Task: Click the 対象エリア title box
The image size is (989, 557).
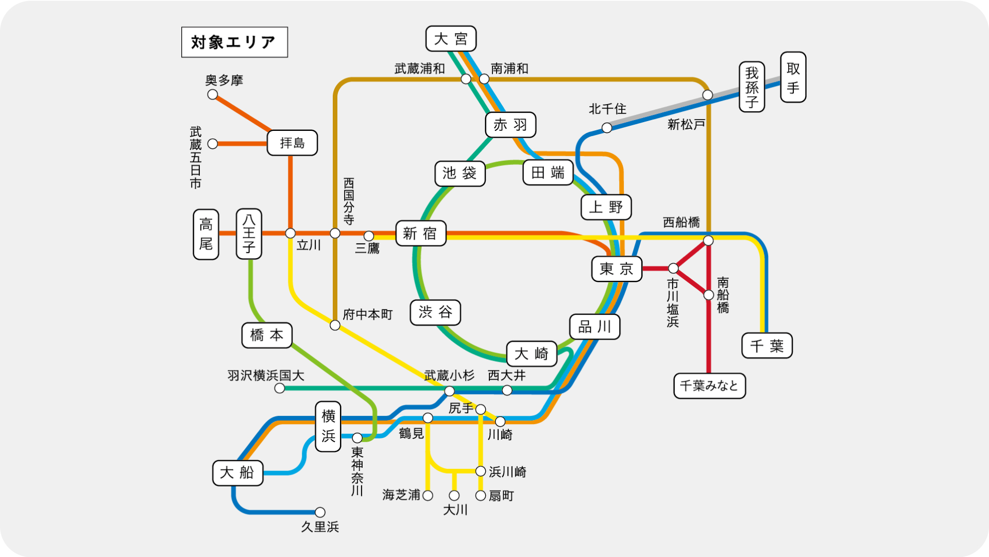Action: click(234, 42)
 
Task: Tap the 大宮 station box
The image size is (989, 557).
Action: click(451, 39)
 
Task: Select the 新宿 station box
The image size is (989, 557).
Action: click(420, 233)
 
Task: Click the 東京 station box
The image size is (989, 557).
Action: click(617, 269)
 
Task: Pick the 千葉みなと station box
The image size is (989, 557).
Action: click(709, 386)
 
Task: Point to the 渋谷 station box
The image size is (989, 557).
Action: click(435, 312)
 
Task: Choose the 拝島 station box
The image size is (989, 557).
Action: click(292, 143)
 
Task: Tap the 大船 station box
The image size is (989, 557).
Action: click(237, 473)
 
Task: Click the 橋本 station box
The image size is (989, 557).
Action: click(267, 335)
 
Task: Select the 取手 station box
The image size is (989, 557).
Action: click(793, 77)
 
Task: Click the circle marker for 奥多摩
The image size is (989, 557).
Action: click(212, 94)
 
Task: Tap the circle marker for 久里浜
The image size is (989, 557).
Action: click(320, 512)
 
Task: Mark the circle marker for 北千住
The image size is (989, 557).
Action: click(607, 127)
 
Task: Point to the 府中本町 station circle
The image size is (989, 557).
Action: click(335, 325)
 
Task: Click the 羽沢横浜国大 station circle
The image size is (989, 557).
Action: click(279, 388)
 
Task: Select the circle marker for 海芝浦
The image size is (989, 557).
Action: click(428, 495)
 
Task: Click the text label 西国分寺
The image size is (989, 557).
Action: click(349, 201)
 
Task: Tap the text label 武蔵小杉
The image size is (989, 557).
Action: click(449, 376)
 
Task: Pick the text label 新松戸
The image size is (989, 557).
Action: click(686, 124)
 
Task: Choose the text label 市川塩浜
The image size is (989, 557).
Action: click(673, 303)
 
